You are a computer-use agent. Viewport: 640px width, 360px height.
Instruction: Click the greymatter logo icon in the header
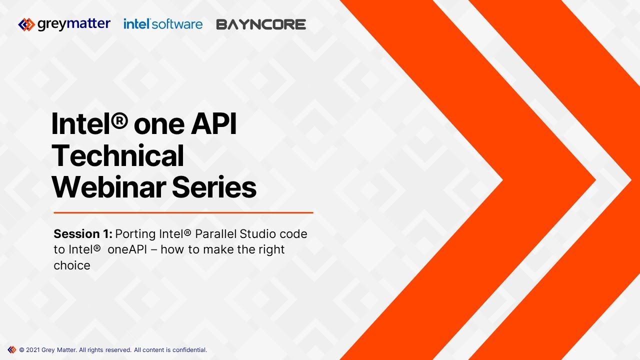pyautogui.click(x=26, y=24)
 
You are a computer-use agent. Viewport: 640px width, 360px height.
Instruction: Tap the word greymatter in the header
pyautogui.click(x=74, y=24)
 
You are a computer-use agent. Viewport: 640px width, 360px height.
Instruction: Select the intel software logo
pyautogui.click(x=163, y=24)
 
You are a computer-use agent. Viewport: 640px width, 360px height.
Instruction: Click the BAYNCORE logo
pyautogui.click(x=261, y=24)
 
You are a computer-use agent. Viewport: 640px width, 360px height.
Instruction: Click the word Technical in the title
pyautogui.click(x=118, y=155)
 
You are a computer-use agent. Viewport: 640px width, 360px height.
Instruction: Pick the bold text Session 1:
pyautogui.click(x=83, y=234)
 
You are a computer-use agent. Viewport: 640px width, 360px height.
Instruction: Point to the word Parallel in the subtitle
pyautogui.click(x=215, y=234)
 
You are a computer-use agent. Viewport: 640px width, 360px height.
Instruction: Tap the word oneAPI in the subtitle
pyautogui.click(x=127, y=249)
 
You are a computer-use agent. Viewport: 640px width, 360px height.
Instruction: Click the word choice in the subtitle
pyautogui.click(x=72, y=265)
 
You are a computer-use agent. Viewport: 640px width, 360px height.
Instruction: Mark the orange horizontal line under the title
pyautogui.click(x=183, y=212)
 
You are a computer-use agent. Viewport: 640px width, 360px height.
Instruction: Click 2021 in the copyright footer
pyautogui.click(x=33, y=350)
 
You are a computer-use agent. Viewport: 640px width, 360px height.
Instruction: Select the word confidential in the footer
pyautogui.click(x=189, y=350)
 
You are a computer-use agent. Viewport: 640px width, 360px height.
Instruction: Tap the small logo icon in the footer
pyautogui.click(x=11, y=350)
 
